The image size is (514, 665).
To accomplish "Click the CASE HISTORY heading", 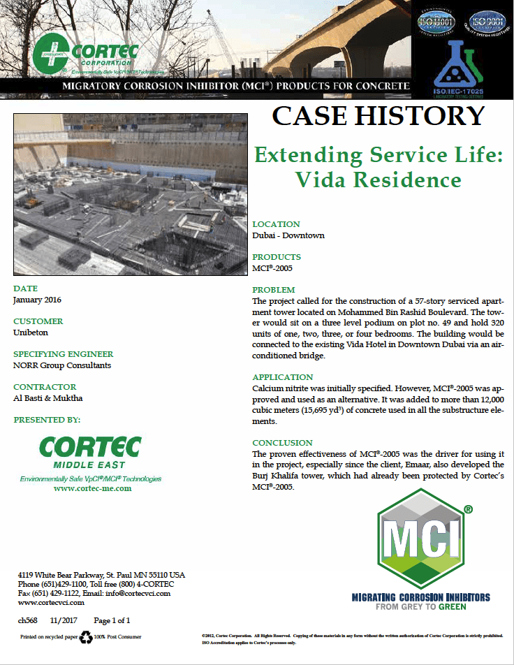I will tap(378, 116).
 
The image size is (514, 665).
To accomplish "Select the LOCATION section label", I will tap(276, 224).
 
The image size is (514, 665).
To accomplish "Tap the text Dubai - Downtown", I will tap(288, 235).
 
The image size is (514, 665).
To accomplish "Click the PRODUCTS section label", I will tap(277, 257).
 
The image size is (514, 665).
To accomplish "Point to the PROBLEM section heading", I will tap(274, 289).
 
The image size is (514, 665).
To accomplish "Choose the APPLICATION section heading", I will tap(282, 377).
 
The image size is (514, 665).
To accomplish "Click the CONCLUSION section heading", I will tap(282, 442).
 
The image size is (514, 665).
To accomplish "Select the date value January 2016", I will tap(37, 300).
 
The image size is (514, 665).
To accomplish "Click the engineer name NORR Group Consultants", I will tap(62, 365).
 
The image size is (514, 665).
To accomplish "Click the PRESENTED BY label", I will tap(47, 420).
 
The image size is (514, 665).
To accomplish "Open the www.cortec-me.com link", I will tap(92, 489).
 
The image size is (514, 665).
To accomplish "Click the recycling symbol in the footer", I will tap(86, 637).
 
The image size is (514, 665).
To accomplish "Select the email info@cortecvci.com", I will tap(137, 593).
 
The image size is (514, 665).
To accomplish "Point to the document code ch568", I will tap(27, 620).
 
